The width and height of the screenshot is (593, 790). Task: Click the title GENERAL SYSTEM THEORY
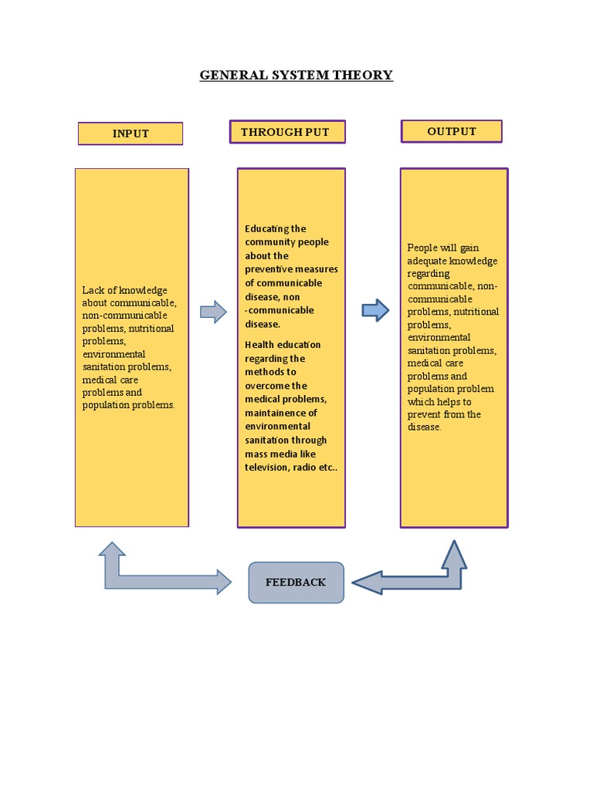(x=296, y=75)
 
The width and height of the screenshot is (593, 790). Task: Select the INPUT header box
(x=130, y=133)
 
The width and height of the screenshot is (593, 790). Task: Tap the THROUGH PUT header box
(x=287, y=132)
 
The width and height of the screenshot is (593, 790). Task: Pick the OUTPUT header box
(x=452, y=131)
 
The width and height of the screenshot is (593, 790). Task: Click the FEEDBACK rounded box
(x=296, y=582)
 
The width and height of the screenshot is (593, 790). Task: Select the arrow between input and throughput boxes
(x=213, y=312)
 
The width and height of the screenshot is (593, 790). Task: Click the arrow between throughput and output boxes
(x=375, y=310)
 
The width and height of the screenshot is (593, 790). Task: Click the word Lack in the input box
(x=93, y=290)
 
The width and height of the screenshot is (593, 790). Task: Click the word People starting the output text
(x=422, y=248)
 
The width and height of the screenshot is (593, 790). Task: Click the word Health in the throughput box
(x=260, y=345)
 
